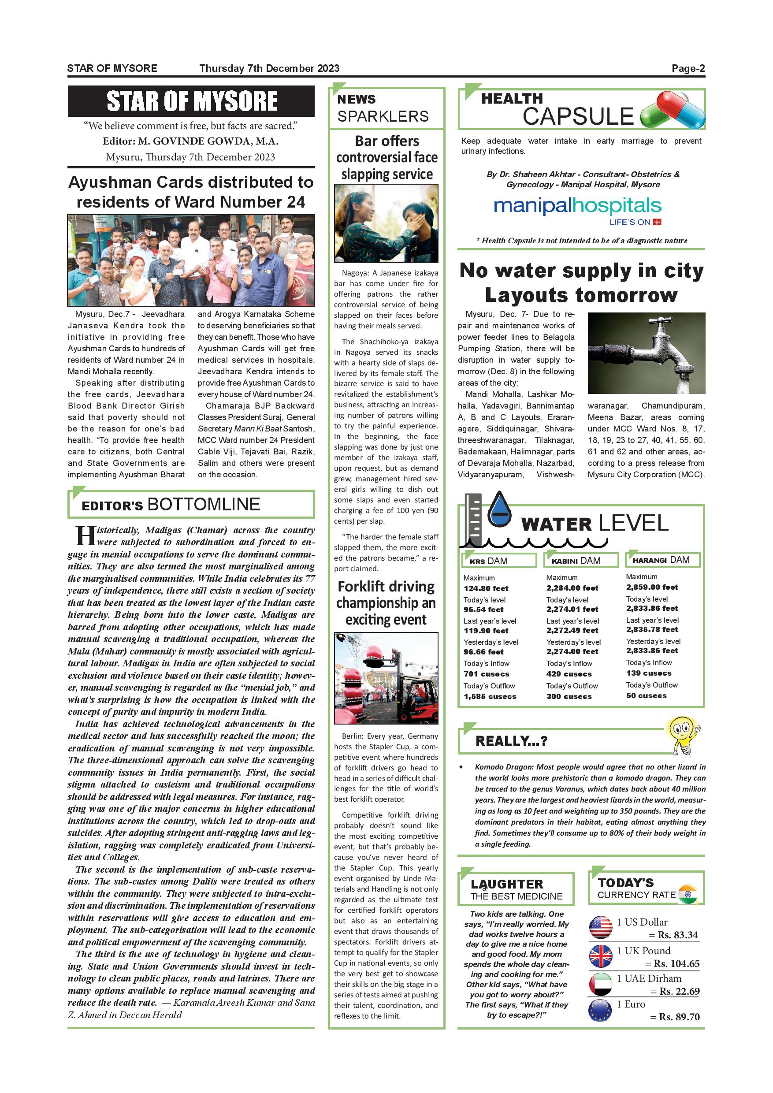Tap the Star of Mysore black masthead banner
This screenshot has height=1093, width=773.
coord(191,101)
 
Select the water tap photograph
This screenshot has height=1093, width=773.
coord(646,353)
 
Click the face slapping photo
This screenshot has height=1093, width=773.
coord(386,224)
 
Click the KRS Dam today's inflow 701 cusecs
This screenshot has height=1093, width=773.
coord(486,674)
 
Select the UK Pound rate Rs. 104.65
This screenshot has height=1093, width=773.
coord(676,963)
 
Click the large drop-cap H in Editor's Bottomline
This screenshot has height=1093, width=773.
coord(85,535)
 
